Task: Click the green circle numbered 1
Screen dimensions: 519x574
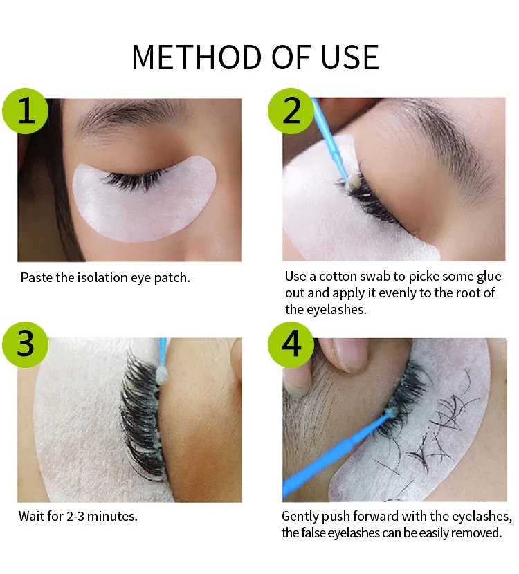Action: (x=26, y=111)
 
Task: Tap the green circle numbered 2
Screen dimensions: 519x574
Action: (x=291, y=111)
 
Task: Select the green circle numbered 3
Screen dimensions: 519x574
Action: (x=26, y=345)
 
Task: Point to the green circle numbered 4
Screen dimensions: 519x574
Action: (x=291, y=345)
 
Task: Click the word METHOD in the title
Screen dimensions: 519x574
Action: (x=199, y=57)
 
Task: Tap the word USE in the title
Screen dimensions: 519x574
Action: (x=349, y=57)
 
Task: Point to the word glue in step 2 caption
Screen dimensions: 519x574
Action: (x=489, y=276)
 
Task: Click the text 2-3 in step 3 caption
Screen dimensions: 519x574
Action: (x=75, y=516)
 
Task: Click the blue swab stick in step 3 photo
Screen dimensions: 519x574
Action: (x=163, y=351)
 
